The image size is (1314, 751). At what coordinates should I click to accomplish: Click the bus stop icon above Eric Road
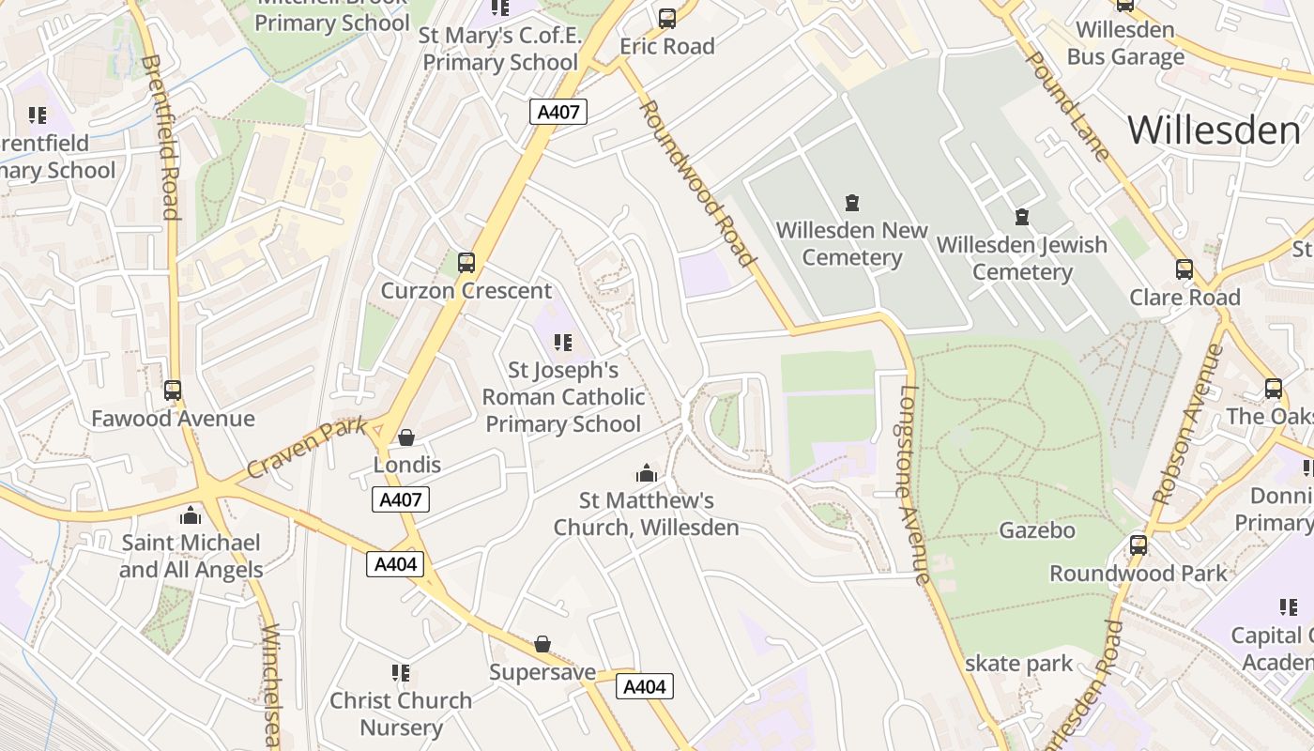point(667,18)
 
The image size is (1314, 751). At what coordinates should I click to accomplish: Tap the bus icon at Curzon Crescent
point(466,263)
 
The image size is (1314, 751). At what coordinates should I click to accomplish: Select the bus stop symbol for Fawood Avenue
point(173,391)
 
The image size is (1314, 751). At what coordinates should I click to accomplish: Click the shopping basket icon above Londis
point(406,437)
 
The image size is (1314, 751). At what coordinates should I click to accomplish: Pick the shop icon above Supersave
point(542,644)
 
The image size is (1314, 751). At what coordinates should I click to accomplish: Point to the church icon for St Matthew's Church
point(646,472)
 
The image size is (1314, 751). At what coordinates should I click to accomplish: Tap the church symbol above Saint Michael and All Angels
point(191,515)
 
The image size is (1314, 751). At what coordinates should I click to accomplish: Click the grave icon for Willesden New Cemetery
point(852,202)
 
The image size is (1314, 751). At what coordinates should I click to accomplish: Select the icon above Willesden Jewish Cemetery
point(1022,218)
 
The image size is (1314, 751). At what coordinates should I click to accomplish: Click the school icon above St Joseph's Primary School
point(562,343)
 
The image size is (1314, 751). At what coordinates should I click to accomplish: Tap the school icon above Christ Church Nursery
point(401,673)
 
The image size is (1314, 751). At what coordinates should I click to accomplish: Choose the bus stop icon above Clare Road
point(1184,269)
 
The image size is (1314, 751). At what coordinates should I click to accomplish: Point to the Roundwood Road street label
point(696,183)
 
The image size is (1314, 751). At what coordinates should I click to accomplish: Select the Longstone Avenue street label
point(914,484)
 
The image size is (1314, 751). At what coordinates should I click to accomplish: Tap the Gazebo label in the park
point(1036,530)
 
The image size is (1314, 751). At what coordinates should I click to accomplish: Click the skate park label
point(1018,664)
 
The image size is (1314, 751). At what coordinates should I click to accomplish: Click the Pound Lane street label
point(1066,105)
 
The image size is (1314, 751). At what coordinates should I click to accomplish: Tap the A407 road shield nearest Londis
point(401,499)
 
